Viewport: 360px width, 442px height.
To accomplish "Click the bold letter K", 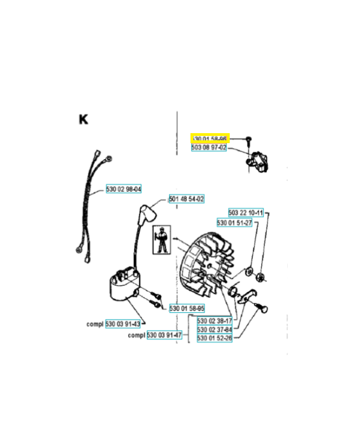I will click(x=83, y=119).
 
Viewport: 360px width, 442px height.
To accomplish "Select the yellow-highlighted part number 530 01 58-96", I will click(x=209, y=139).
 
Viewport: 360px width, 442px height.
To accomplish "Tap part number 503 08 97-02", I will click(x=209, y=148).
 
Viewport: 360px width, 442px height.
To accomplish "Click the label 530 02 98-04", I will click(x=124, y=190).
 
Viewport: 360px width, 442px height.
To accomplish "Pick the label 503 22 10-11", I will click(x=246, y=213).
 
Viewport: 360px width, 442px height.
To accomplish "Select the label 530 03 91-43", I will click(x=123, y=324).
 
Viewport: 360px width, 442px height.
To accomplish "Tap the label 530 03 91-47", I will click(x=164, y=335).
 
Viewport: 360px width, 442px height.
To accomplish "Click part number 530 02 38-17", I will click(x=214, y=320).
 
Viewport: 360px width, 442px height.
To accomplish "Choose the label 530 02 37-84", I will click(x=214, y=329).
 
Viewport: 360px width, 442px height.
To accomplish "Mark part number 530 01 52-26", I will click(x=214, y=338).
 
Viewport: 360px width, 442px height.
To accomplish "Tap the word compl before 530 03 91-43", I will click(x=95, y=324).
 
